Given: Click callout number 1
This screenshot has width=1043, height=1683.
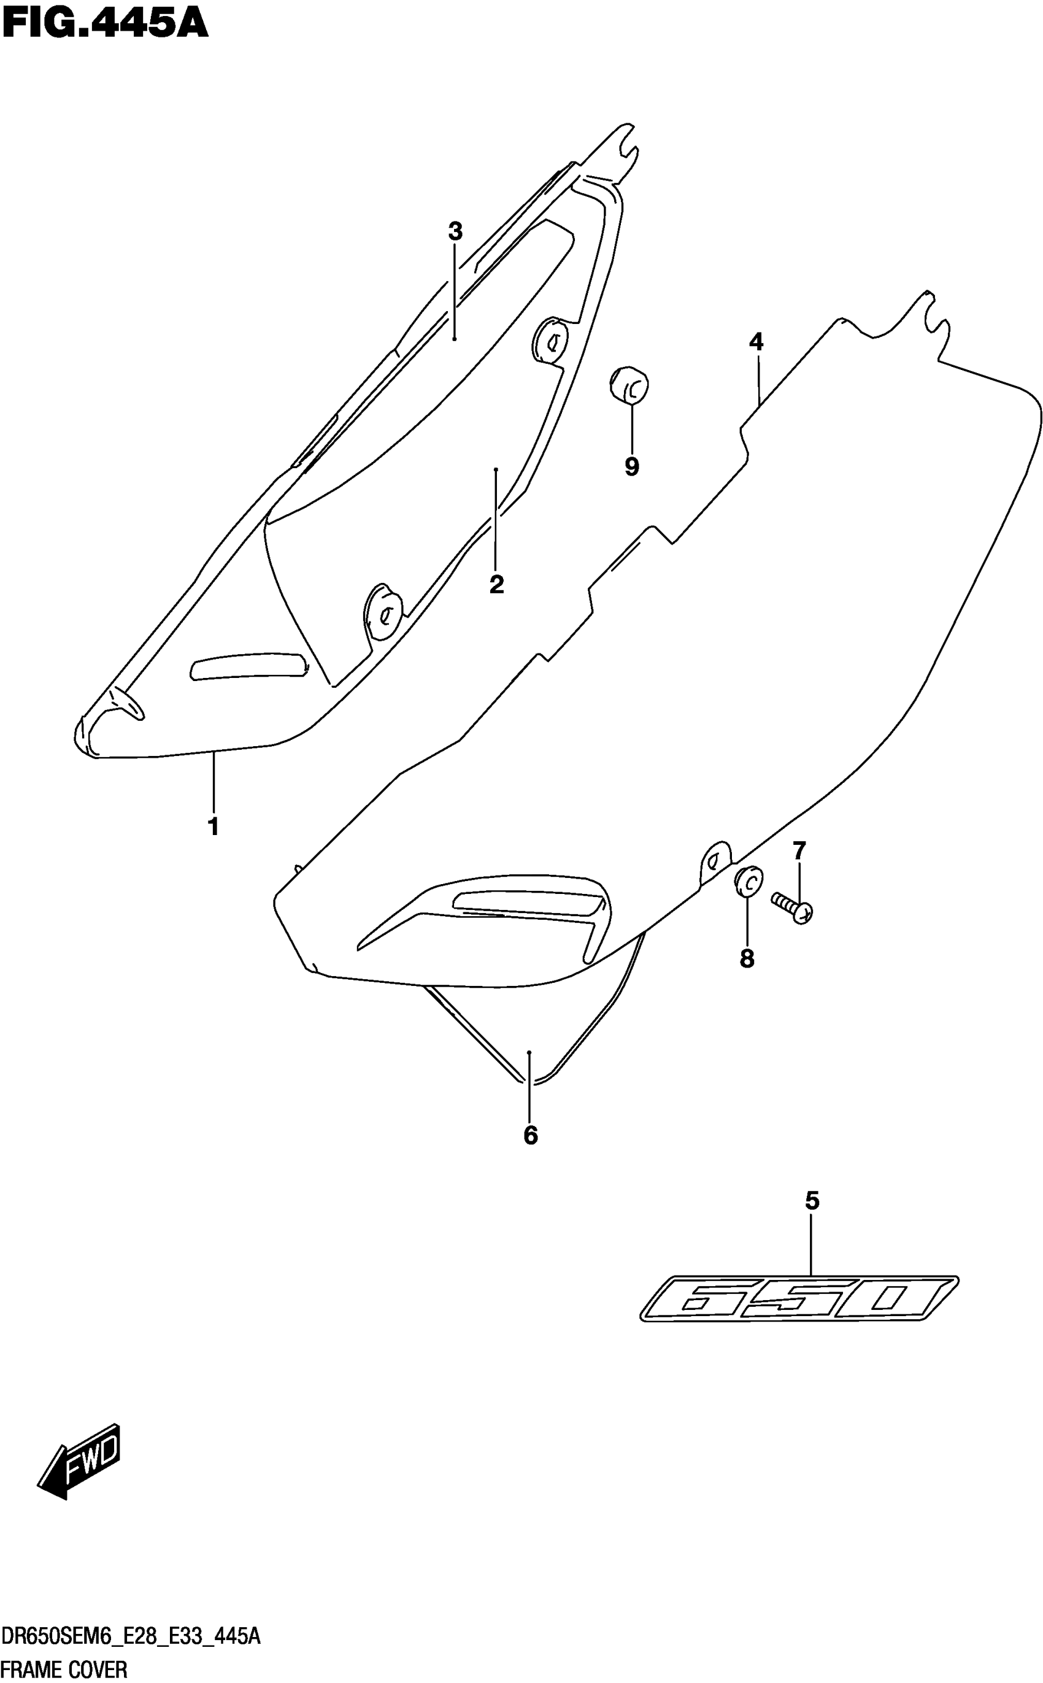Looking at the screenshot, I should click(x=214, y=826).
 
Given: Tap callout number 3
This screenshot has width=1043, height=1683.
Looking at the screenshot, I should click(x=455, y=231).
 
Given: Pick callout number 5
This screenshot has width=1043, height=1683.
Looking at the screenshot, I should click(x=812, y=1201).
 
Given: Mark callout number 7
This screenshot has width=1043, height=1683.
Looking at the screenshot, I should click(x=799, y=851).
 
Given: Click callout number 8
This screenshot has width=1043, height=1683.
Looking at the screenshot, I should click(x=747, y=959).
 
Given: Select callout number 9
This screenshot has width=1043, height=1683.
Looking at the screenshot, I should click(x=632, y=467).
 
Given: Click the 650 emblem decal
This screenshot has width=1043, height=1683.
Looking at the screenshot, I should click(x=799, y=1299).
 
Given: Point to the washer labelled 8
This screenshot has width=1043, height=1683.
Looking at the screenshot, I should click(x=748, y=881).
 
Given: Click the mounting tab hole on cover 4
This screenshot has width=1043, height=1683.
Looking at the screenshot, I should click(x=715, y=860).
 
